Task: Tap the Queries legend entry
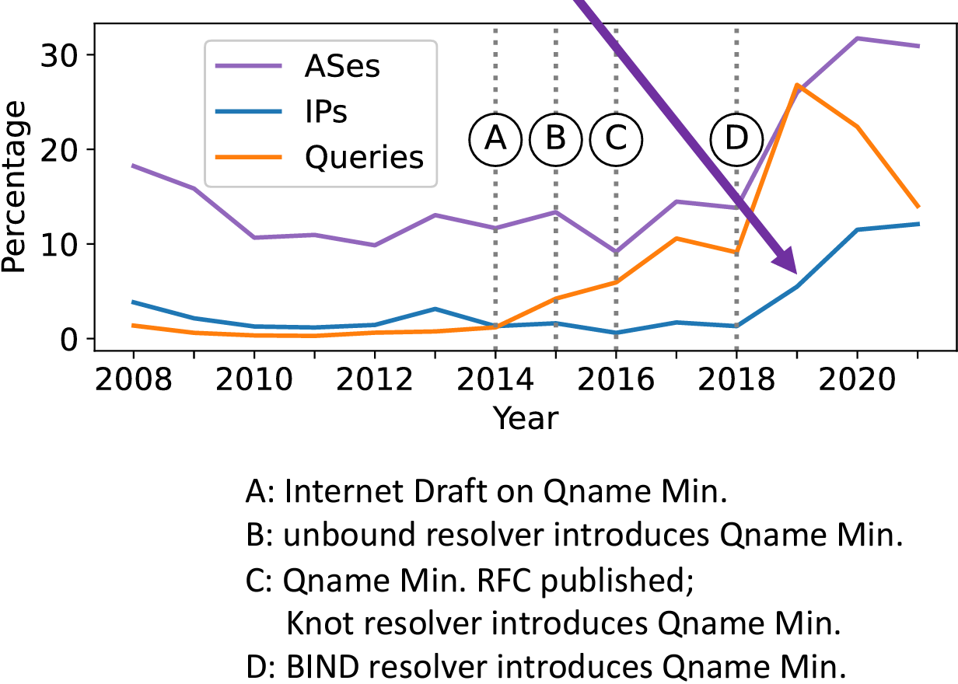click(x=319, y=157)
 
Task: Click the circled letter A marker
click(x=495, y=139)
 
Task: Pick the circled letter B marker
click(x=555, y=139)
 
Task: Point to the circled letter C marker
click(x=616, y=139)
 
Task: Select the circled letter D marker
click(x=736, y=139)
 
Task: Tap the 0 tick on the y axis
click(x=68, y=340)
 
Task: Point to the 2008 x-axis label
click(x=133, y=379)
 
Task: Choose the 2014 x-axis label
click(x=495, y=379)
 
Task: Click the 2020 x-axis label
click(x=857, y=379)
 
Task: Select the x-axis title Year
click(x=526, y=418)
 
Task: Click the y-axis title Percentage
click(x=14, y=187)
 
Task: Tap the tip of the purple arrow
click(x=796, y=273)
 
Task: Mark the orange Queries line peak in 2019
click(x=797, y=85)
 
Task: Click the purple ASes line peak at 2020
click(x=857, y=38)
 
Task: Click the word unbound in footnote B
click(x=349, y=535)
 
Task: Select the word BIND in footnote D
click(x=322, y=666)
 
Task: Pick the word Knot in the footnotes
click(x=320, y=623)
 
